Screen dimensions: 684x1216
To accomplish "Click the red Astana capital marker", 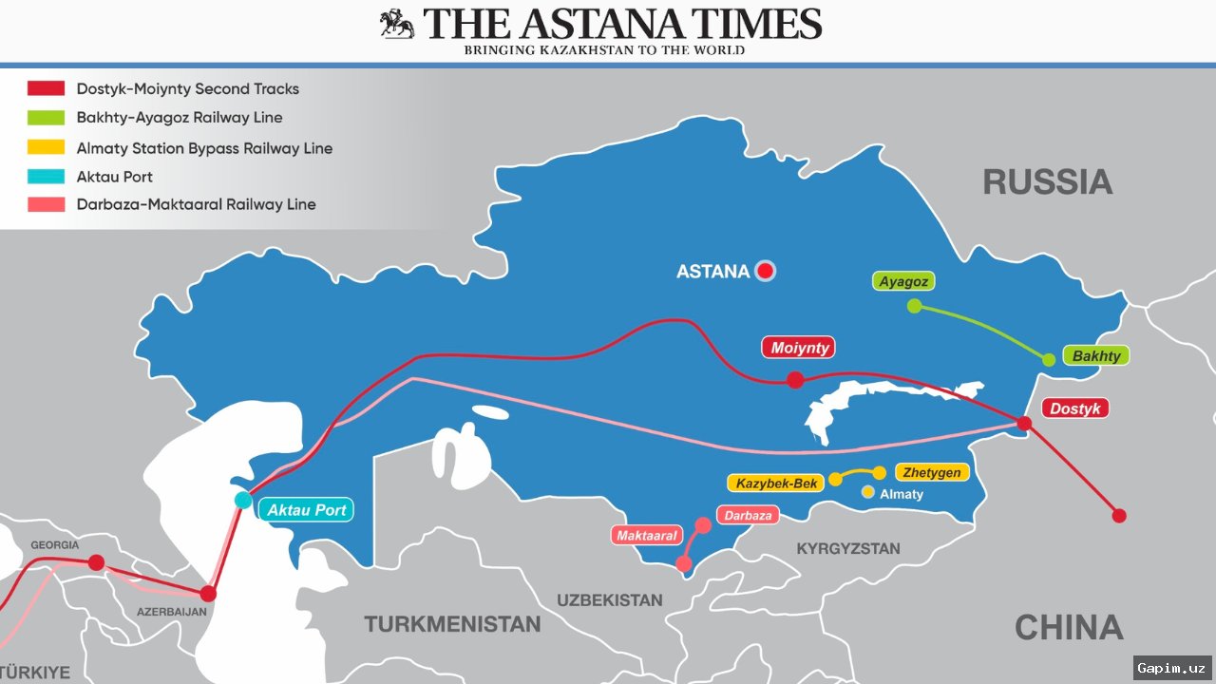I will (765, 271).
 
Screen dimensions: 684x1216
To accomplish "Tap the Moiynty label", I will (800, 348).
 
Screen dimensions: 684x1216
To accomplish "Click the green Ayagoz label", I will (902, 281).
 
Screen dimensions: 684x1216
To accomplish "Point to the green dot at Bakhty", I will (1049, 360).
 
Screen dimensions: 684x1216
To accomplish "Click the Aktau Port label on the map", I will (306, 510).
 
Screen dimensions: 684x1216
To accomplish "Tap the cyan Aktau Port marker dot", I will (243, 501).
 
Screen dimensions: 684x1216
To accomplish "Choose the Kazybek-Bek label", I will (776, 484).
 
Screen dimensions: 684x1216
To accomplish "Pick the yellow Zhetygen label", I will (932, 472).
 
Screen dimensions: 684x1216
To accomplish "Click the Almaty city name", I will (901, 494).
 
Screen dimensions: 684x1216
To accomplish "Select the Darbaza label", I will (748, 516).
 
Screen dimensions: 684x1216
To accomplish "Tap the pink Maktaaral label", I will (646, 536).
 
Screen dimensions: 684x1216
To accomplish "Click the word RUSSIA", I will (1047, 181).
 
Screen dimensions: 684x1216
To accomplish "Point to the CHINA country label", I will (1069, 627).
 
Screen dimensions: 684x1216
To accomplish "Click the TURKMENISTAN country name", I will (452, 624).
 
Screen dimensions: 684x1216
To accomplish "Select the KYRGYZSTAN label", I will (847, 548).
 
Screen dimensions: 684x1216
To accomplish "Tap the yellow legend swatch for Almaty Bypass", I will (46, 147).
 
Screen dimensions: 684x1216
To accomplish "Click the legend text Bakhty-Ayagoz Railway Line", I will (180, 118).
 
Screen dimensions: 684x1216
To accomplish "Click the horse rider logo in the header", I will (397, 24).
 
